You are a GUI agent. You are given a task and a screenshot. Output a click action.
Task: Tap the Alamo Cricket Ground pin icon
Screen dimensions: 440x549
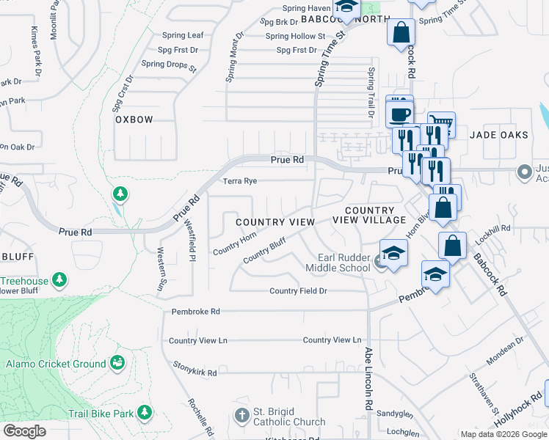pos(116,363)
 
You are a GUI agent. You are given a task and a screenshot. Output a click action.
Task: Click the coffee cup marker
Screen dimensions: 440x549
pos(400,114)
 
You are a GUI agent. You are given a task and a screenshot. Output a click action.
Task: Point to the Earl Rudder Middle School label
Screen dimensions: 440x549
pos(343,263)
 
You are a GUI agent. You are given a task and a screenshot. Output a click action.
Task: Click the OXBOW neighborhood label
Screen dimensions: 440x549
pos(134,120)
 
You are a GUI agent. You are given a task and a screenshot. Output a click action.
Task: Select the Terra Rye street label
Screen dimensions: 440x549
pos(240,180)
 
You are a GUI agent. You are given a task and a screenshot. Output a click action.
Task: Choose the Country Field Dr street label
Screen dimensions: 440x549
pos(297,291)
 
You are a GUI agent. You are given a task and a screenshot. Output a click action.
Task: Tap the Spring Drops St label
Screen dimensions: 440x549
pos(169,65)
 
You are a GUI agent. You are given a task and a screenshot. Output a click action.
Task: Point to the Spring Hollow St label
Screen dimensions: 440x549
pos(295,36)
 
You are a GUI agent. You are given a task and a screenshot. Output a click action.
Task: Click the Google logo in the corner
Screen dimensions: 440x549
pos(25,431)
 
